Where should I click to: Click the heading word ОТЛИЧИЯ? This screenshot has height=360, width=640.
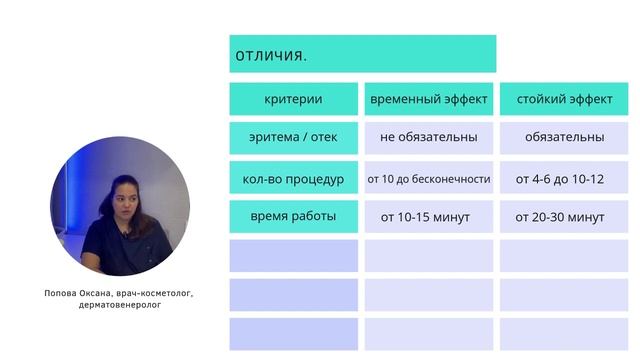(271, 54)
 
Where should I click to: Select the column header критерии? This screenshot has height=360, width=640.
(293, 100)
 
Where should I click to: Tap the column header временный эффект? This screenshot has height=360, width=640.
(429, 100)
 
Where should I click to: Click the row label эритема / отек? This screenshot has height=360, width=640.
(293, 137)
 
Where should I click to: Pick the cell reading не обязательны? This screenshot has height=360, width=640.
(428, 137)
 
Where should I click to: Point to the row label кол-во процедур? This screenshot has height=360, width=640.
(293, 179)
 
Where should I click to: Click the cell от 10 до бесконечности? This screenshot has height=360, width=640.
(428, 179)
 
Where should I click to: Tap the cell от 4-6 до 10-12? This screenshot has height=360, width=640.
(560, 179)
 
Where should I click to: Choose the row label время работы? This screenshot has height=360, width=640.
(293, 216)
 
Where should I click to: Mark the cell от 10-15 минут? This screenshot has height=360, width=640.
(425, 216)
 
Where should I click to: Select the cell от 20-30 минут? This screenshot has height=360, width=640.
(560, 216)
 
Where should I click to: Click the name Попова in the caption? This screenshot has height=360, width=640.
(62, 294)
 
